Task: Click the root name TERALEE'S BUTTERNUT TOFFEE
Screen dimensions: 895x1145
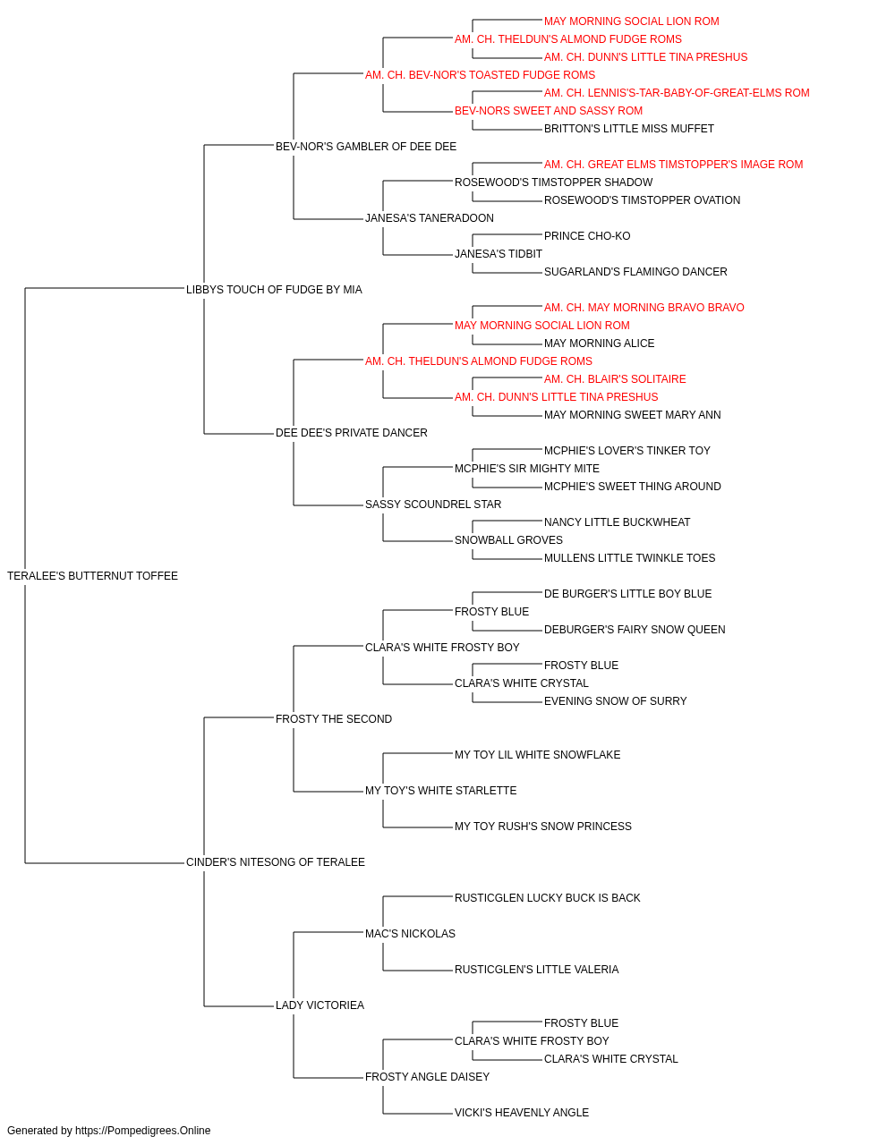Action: tap(92, 576)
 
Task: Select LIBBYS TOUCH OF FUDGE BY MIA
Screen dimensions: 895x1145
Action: tap(274, 290)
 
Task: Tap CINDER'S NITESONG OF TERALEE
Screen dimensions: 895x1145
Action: tap(275, 862)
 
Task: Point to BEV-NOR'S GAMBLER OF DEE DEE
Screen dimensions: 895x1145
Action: tap(366, 147)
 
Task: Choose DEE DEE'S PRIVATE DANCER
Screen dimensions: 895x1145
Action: tap(352, 433)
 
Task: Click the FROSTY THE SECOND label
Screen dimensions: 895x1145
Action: tap(334, 718)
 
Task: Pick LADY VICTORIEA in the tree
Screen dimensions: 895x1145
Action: tap(320, 1005)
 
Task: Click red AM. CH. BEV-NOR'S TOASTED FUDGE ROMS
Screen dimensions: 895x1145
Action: tap(481, 75)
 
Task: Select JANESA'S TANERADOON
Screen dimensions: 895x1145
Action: tap(430, 218)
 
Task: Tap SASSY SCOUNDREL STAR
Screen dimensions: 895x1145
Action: tap(433, 505)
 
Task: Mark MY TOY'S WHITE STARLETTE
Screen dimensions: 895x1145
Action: tap(440, 791)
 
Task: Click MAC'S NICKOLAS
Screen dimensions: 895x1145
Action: tap(410, 933)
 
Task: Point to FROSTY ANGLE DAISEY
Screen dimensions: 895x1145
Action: tap(428, 1076)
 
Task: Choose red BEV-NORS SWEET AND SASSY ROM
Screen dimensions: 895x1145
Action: tap(549, 111)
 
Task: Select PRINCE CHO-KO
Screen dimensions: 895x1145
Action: tap(587, 236)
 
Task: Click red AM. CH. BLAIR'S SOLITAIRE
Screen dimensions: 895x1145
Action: tap(615, 379)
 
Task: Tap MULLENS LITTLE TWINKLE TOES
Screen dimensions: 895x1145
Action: tap(630, 558)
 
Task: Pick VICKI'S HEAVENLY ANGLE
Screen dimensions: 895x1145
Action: tap(522, 1112)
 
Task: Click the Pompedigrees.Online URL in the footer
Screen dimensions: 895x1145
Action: tap(143, 1131)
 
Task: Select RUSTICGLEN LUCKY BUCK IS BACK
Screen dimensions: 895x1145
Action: tap(548, 898)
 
